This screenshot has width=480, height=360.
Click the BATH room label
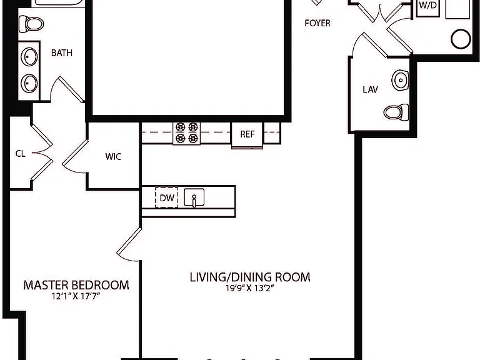pos(62,53)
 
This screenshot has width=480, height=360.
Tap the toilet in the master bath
pos(31,24)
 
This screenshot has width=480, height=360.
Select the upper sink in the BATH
pos(29,57)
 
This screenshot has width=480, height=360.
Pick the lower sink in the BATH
pos(29,83)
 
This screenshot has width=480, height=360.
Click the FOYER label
pos(317,23)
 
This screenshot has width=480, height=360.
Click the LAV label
pos(370,89)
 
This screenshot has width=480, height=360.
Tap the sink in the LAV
pos(400,80)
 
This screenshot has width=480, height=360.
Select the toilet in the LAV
pos(396,112)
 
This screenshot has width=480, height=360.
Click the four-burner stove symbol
pos(186,133)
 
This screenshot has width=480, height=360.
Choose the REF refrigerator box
pos(247,135)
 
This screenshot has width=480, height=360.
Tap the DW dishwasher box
pos(166,197)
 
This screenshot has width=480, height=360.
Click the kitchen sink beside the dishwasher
pos(194,197)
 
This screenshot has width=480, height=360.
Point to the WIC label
pos(113,156)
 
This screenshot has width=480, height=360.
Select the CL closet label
pos(20,153)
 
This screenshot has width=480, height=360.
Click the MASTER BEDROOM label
pos(76,285)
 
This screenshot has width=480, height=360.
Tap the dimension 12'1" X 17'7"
pos(76,296)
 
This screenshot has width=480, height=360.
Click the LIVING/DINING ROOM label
pos(250,277)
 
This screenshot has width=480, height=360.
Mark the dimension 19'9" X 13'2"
pos(249,288)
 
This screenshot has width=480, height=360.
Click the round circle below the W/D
pos(461,39)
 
